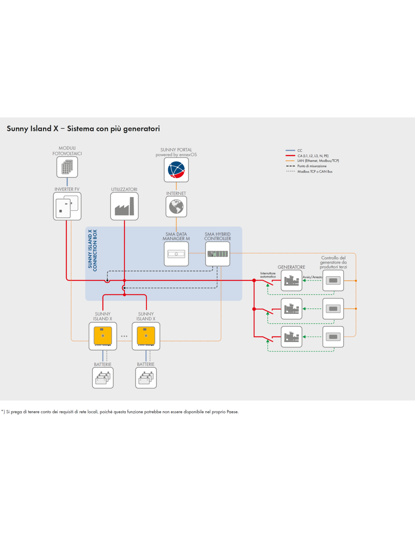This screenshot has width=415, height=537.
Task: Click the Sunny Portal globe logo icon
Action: coord(176,170)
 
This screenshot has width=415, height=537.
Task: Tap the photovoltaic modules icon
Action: coord(67,167)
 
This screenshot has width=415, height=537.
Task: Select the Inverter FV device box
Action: coord(67,206)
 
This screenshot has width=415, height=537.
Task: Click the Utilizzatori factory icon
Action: coord(124,206)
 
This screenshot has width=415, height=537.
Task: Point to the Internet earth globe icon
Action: coord(176,207)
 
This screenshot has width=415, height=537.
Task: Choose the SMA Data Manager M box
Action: coord(176,254)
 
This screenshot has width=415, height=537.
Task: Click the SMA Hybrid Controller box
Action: coord(218,254)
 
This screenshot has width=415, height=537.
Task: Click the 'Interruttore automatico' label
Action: coord(268,275)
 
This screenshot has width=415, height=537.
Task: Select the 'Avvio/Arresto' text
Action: coord(312,277)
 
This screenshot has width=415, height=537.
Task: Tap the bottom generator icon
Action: coord(291,336)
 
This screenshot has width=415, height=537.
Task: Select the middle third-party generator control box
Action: coord(333,309)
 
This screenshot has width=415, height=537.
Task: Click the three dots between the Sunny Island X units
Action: coord(124,336)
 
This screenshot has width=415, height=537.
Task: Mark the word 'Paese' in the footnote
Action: coord(232,412)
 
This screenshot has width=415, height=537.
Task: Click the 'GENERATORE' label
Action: coord(291,267)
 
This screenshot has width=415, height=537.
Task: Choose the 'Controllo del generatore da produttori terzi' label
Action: coord(333,262)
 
